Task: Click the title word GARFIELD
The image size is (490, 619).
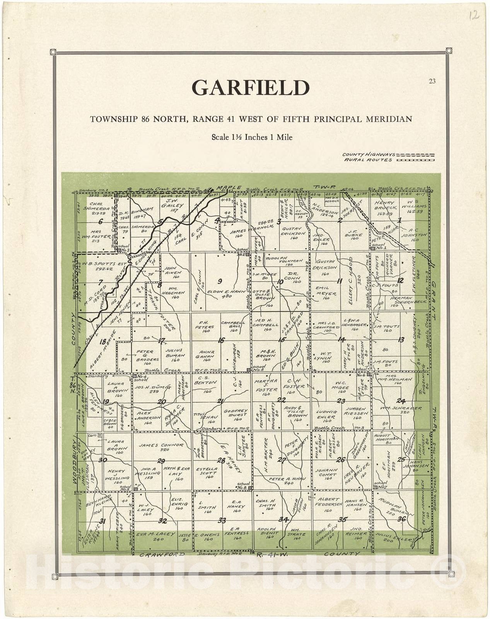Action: click(251, 88)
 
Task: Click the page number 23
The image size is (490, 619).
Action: click(432, 81)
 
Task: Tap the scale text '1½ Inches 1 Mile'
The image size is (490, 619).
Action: click(252, 137)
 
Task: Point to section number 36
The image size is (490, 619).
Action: click(401, 519)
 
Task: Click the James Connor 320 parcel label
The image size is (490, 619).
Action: click(161, 447)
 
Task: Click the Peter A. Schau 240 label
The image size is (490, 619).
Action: click(287, 481)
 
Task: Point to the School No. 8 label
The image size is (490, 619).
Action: click(244, 485)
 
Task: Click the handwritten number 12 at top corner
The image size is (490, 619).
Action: click(475, 15)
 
